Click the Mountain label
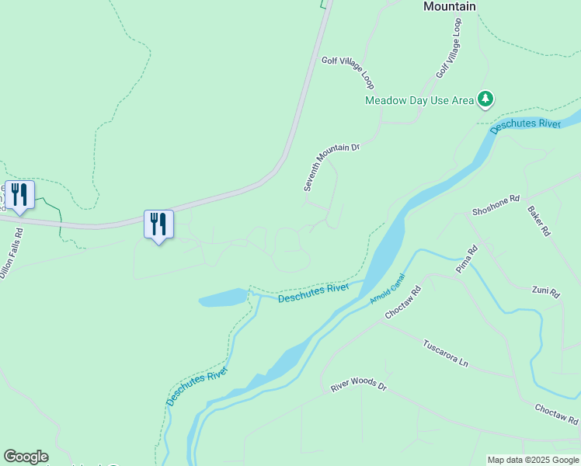pos(449,6)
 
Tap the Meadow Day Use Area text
pos(419,100)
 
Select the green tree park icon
pos(485,99)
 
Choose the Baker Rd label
pos(538,221)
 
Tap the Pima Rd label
pos(465,259)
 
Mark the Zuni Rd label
pos(545,292)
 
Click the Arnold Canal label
pos(388,287)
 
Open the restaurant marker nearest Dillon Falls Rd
pos(19,194)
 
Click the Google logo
pos(26,457)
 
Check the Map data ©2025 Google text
pos(533,460)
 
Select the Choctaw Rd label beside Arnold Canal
pos(402,301)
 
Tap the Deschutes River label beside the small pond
pos(313,292)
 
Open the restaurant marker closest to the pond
pos(158,224)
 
